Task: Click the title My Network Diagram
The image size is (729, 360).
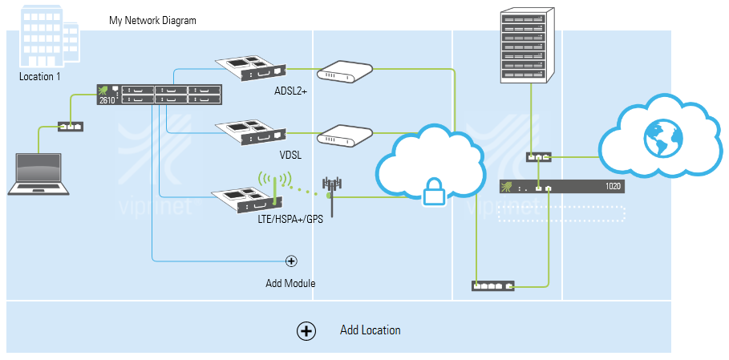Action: coord(152,20)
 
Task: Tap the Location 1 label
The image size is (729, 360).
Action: coord(40,77)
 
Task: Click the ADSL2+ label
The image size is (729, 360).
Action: coord(290,91)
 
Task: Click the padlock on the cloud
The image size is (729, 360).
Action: coord(434,192)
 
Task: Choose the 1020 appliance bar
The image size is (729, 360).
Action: coord(561,187)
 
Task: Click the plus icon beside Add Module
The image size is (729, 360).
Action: coord(291,261)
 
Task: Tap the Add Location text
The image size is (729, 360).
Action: coord(370,330)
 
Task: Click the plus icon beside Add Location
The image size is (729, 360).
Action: coord(306,330)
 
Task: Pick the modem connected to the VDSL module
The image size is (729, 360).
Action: coord(345,136)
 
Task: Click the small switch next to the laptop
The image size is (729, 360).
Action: coord(69,126)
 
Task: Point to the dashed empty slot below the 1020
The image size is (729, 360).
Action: coord(561,213)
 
